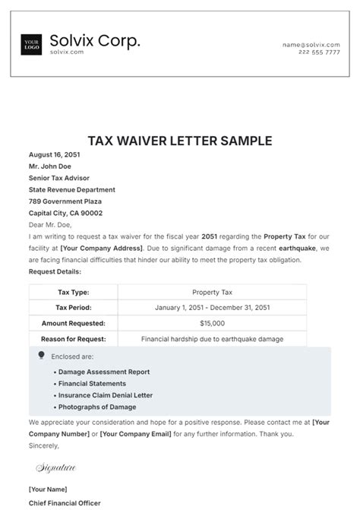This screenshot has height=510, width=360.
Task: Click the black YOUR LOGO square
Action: click(x=31, y=45)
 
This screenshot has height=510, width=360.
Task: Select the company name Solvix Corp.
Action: click(x=94, y=40)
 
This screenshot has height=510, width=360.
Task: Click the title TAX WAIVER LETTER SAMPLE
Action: click(x=180, y=141)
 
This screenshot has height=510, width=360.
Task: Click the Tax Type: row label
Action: click(x=74, y=292)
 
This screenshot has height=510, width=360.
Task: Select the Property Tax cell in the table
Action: click(x=212, y=292)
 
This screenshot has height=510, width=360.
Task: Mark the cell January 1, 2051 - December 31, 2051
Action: click(x=212, y=308)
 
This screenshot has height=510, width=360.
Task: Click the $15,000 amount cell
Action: click(x=212, y=323)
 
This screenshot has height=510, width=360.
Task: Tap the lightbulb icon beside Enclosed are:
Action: click(x=41, y=355)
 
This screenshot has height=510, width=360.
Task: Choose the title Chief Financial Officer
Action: click(x=65, y=502)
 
